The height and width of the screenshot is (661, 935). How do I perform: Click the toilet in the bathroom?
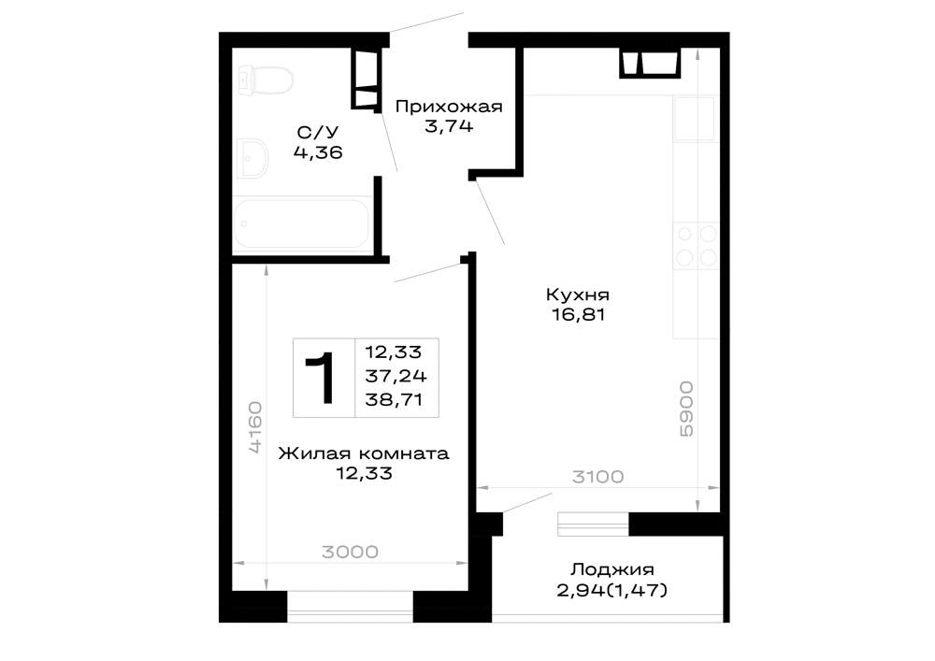pyautogui.click(x=265, y=79)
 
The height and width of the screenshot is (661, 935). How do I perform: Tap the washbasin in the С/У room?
pyautogui.click(x=253, y=159)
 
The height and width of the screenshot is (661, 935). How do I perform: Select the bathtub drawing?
pyautogui.click(x=302, y=223)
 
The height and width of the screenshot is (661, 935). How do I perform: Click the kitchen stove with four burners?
pyautogui.click(x=696, y=246)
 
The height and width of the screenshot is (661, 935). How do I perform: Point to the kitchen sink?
pyautogui.click(x=694, y=119)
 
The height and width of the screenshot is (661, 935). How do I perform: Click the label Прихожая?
pyautogui.click(x=449, y=107)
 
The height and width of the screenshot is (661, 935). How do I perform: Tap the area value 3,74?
pyautogui.click(x=449, y=126)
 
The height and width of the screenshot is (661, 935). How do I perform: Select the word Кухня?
pyautogui.click(x=578, y=295)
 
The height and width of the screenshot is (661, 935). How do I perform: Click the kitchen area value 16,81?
pyautogui.click(x=579, y=314)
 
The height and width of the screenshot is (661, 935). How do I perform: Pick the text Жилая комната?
pyautogui.click(x=364, y=453)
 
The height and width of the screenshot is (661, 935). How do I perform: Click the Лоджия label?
pyautogui.click(x=612, y=569)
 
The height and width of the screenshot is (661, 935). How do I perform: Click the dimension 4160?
pyautogui.click(x=255, y=428)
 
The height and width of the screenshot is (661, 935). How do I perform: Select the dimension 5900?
pyautogui.click(x=687, y=409)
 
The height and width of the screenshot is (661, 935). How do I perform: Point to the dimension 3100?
pyautogui.click(x=597, y=477)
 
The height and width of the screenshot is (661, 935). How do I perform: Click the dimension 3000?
pyautogui.click(x=350, y=552)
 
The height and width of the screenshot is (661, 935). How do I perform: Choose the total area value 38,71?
pyautogui.click(x=395, y=400)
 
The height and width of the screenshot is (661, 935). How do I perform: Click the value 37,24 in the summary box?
pyautogui.click(x=396, y=376)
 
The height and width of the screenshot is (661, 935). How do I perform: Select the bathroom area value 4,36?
pyautogui.click(x=318, y=152)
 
